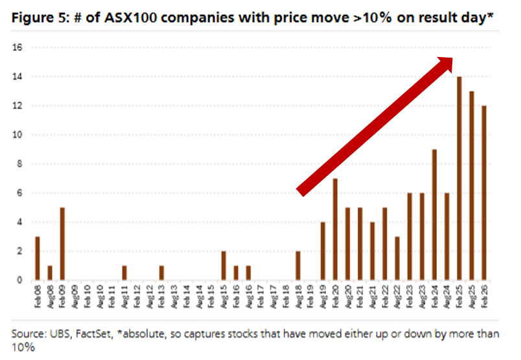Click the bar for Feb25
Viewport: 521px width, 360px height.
(459, 179)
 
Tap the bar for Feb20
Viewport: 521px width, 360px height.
(335, 229)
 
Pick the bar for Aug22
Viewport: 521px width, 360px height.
(397, 258)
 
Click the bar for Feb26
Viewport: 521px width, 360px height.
(484, 193)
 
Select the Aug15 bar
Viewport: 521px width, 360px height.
(224, 265)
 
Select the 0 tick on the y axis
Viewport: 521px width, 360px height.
(20, 280)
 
